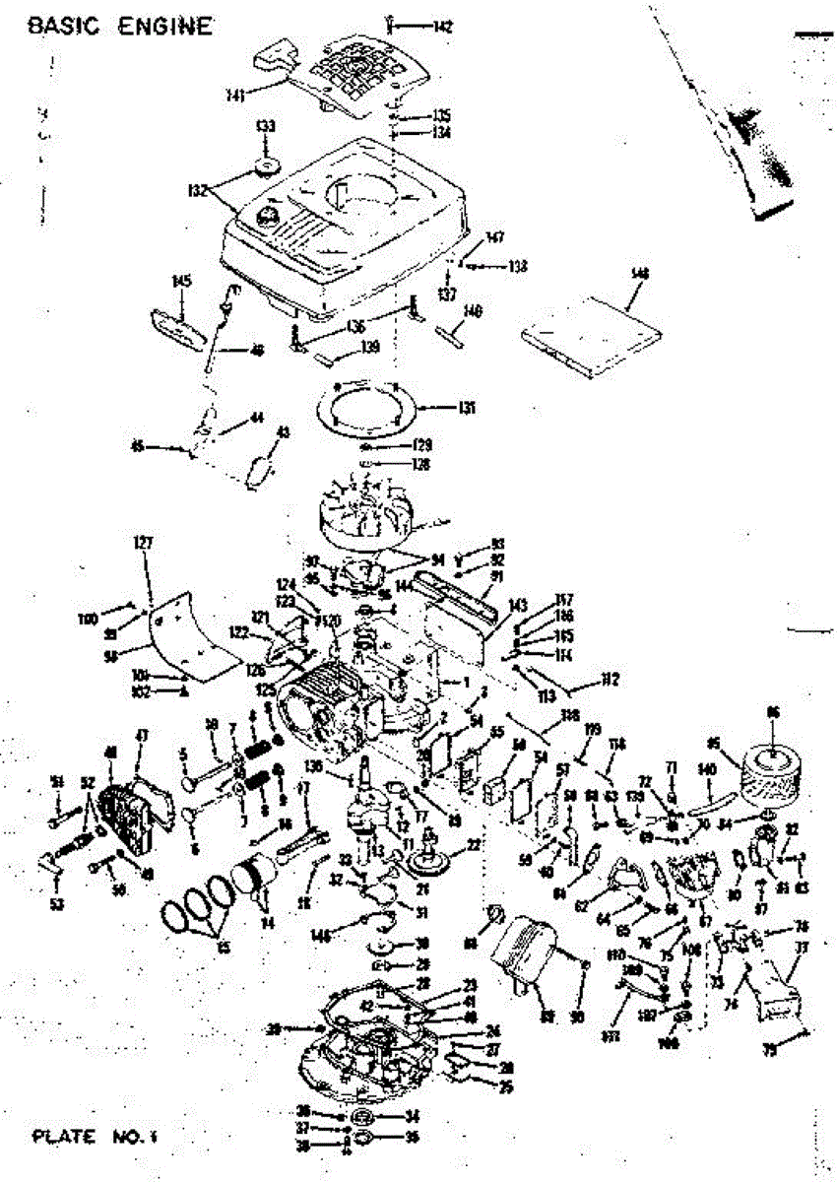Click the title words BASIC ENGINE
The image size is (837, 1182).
(x=119, y=26)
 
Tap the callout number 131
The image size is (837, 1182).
(x=467, y=406)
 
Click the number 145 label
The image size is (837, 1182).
(x=180, y=282)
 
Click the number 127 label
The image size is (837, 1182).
(x=146, y=541)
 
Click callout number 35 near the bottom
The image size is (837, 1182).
(x=412, y=1136)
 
